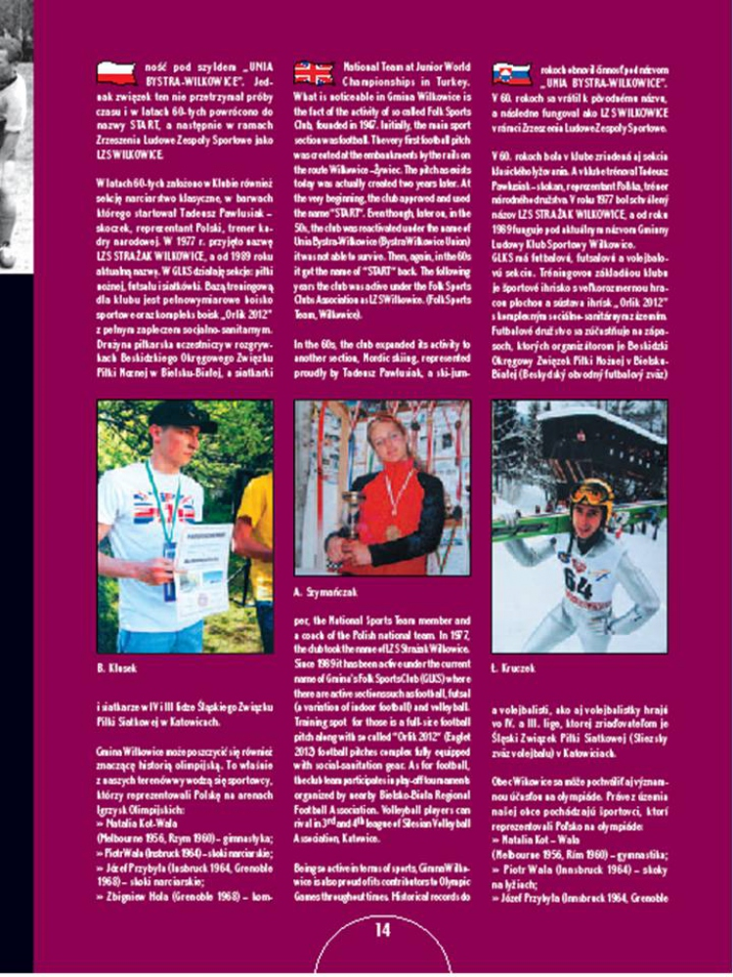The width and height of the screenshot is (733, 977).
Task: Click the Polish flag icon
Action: click(116, 71)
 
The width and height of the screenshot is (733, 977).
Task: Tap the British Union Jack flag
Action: click(315, 71)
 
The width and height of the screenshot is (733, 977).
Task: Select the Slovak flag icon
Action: click(511, 71)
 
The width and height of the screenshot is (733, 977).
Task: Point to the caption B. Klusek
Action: click(116, 667)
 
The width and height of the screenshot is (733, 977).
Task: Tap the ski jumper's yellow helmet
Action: click(593, 491)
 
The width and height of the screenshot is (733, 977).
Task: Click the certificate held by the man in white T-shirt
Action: click(201, 567)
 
